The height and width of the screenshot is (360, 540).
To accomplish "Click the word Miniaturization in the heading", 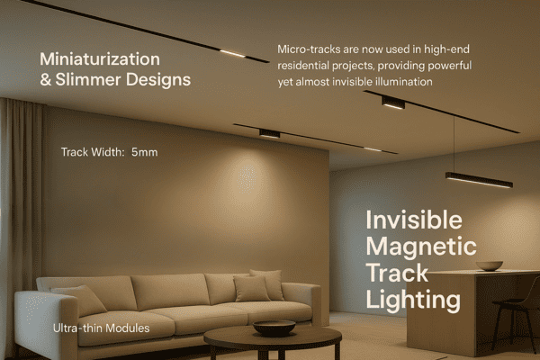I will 100,59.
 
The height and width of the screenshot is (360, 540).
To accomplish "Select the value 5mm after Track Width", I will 144,152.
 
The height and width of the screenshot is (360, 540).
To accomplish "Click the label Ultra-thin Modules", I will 101,328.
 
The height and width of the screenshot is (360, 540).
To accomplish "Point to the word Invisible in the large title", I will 413,220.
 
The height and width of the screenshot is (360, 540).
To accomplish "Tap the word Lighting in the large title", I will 413,298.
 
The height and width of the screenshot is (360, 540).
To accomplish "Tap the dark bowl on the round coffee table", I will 274,327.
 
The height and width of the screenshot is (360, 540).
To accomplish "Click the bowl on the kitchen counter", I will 490,265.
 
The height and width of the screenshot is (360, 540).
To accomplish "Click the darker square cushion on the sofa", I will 251,288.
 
